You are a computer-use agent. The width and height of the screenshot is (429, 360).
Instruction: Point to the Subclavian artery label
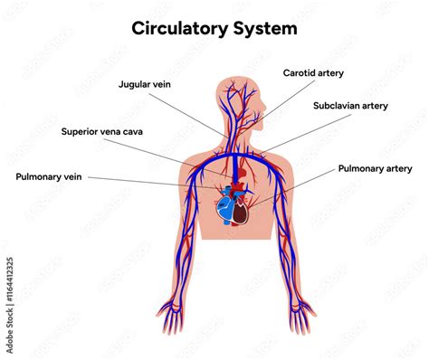[350, 106]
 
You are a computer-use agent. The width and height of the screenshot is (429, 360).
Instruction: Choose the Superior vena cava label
[101, 131]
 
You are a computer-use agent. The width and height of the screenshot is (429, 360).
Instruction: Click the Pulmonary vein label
[49, 176]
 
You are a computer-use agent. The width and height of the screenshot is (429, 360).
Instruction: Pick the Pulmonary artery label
[376, 168]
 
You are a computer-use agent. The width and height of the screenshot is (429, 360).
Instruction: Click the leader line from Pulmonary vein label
[145, 181]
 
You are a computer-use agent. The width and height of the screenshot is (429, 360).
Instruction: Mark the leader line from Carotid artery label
[276, 101]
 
